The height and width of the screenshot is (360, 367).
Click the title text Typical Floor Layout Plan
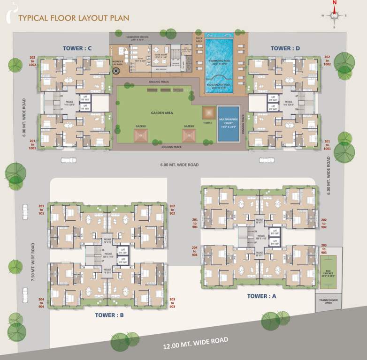(x=73, y=18)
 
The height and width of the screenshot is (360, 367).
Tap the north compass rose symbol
(x=335, y=15)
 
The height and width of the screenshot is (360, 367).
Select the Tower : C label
(x=77, y=48)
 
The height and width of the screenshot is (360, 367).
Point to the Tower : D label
(x=285, y=48)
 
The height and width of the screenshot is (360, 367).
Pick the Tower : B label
(x=109, y=315)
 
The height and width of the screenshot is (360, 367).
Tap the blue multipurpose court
(x=228, y=124)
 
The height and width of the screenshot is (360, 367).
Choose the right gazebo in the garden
(x=189, y=135)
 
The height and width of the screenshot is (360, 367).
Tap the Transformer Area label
(x=329, y=302)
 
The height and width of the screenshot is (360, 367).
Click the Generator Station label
(x=137, y=37)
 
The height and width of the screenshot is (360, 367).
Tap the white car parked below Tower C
(x=69, y=160)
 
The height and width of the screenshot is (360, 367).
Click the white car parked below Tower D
(x=267, y=160)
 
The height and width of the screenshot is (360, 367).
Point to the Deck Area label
(x=199, y=39)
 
